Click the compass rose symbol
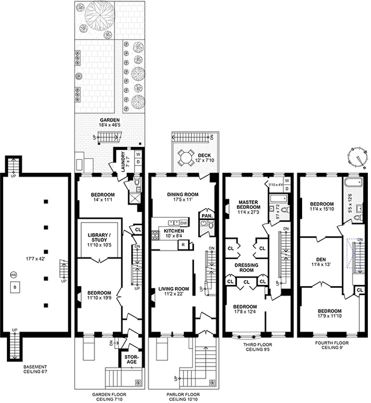click(358, 158)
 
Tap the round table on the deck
click(186, 157)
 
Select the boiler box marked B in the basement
click(15, 287)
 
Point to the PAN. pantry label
click(207, 216)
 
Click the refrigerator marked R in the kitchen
click(183, 245)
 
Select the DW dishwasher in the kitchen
click(183, 223)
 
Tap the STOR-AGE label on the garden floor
click(130, 359)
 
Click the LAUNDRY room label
click(123, 162)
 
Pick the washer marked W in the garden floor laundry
click(138, 154)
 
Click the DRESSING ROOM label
click(246, 267)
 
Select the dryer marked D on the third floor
click(287, 188)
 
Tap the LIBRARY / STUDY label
click(97, 237)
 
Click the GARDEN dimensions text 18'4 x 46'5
click(110, 125)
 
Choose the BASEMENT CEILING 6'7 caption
click(35, 369)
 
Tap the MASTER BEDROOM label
click(249, 204)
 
